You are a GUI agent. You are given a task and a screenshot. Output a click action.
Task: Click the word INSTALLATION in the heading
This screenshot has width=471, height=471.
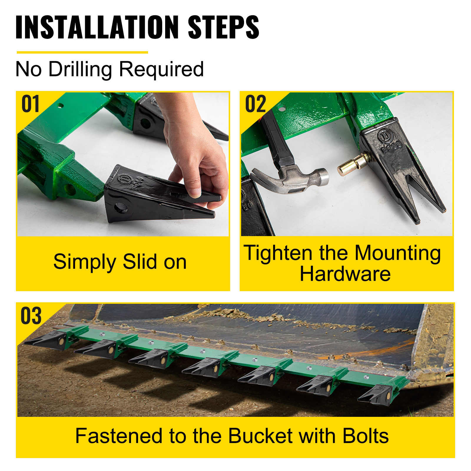(97, 27)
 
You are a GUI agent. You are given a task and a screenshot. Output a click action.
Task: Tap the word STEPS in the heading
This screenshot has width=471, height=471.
(223, 27)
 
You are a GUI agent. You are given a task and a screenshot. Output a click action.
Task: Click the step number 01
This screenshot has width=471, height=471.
(30, 104)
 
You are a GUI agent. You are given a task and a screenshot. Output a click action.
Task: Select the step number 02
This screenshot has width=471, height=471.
(256, 104)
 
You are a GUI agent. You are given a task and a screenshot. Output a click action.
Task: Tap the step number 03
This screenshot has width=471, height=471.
(31, 316)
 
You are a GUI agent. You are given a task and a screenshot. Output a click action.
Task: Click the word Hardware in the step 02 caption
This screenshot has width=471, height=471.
(345, 274)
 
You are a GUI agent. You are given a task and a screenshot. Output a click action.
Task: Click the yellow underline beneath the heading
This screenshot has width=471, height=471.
(82, 52)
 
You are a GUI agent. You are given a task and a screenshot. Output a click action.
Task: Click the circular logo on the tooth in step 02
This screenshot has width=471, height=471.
(384, 136)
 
